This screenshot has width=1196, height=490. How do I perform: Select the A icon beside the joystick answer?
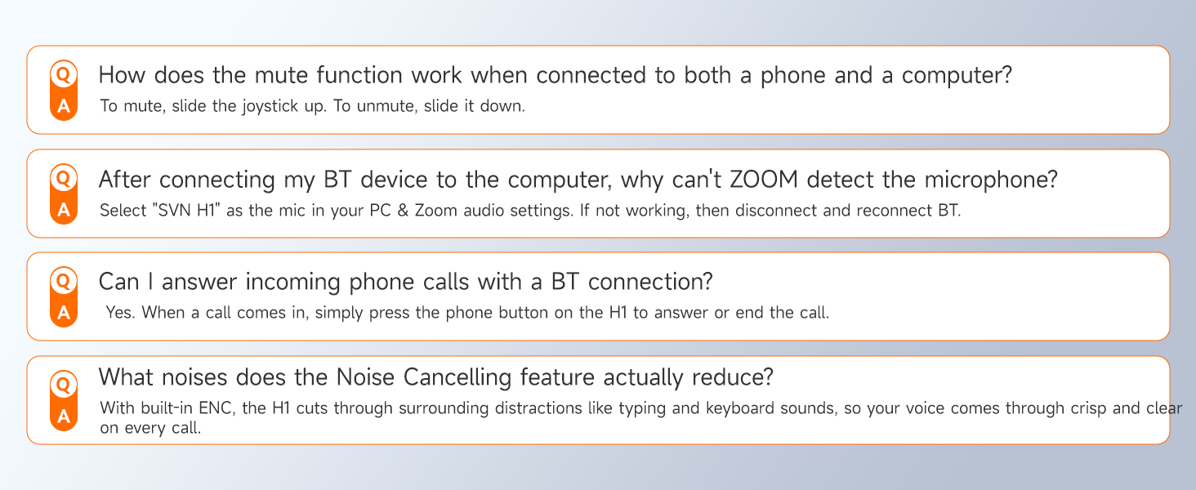tap(64, 107)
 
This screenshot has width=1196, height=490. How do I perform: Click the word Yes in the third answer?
tap(121, 313)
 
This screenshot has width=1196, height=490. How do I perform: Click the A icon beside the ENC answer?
tap(64, 416)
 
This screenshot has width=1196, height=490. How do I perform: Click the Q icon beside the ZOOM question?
tap(64, 177)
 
